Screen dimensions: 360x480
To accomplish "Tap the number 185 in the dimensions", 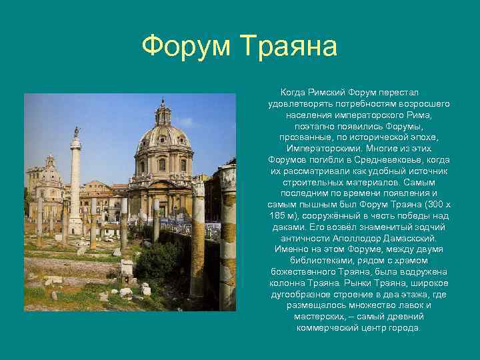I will coord(277,216).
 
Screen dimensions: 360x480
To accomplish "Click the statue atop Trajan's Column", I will coord(76,131).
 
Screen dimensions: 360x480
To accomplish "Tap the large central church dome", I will coord(164,136).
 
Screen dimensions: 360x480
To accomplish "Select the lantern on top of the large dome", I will coord(163,112).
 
